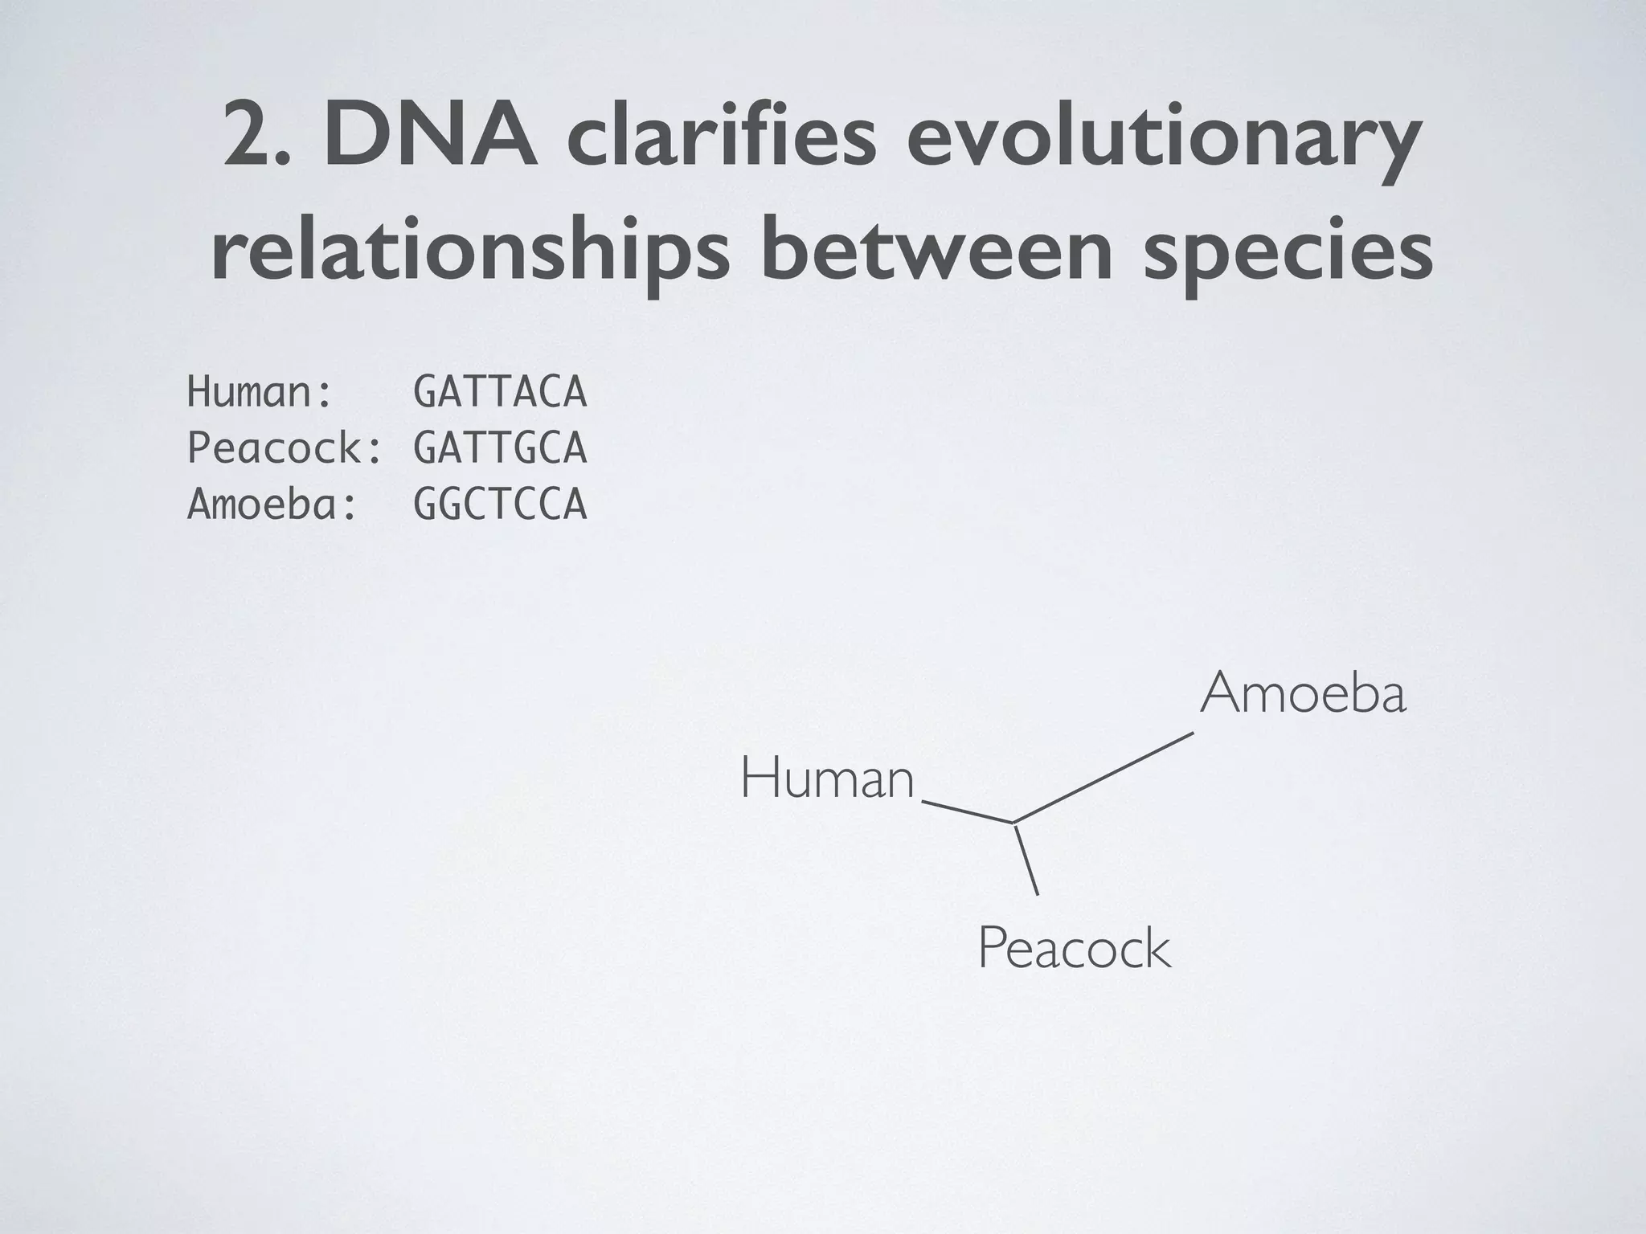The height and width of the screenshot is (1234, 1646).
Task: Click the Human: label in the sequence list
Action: tap(260, 393)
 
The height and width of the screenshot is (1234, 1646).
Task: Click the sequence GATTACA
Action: tap(500, 393)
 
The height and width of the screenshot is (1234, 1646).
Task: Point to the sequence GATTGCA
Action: tap(500, 448)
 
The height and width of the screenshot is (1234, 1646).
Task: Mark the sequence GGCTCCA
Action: tap(500, 505)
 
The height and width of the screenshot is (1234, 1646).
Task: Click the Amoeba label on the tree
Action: tap(1303, 693)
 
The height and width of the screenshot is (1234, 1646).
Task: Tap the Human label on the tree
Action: tap(827, 779)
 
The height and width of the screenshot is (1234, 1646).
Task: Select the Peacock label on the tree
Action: tap(1074, 949)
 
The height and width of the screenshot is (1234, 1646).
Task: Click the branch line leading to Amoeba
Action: tap(1103, 777)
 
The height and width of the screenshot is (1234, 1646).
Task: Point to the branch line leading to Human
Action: tap(968, 811)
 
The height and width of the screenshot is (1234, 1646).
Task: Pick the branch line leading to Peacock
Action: tap(1026, 859)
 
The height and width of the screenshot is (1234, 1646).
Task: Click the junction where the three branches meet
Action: tap(1014, 823)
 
